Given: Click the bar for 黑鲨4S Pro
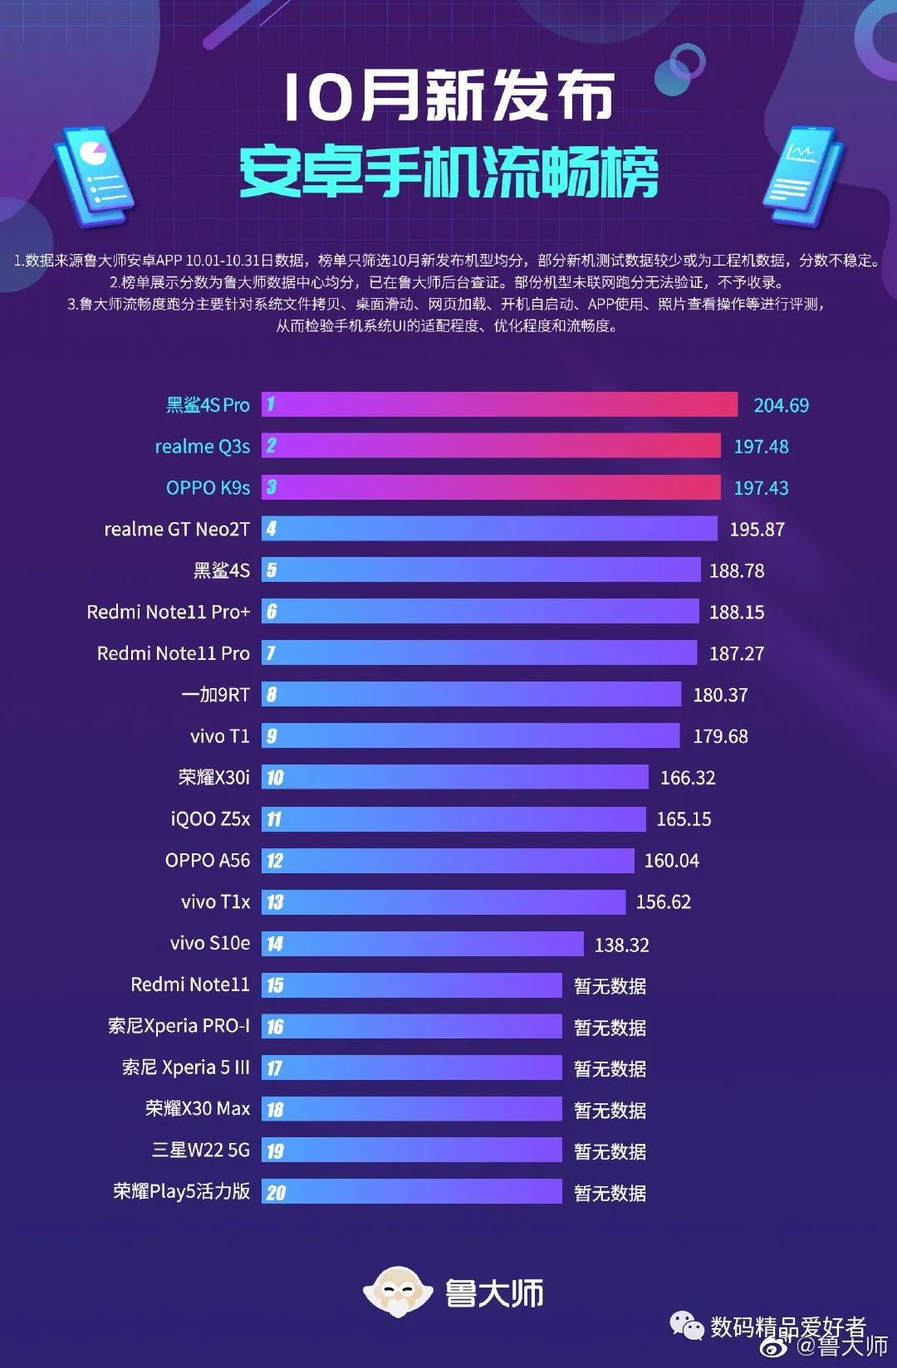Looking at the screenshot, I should click(499, 404).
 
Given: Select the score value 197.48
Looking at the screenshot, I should click(761, 447).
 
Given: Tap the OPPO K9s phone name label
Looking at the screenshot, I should click(208, 487).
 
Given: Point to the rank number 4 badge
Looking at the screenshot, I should click(271, 529).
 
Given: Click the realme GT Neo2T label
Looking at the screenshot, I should click(176, 529).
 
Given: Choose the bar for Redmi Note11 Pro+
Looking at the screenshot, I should click(480, 612).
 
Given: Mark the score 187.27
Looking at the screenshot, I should click(736, 653).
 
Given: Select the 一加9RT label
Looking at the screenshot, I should click(215, 695).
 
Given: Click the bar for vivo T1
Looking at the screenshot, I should click(470, 736).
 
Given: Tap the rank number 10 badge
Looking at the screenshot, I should click(274, 778).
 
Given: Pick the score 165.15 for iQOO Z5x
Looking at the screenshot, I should click(684, 819).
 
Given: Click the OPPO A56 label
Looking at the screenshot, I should click(207, 860).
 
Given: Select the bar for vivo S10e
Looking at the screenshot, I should click(423, 944).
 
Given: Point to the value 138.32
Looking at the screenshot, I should click(621, 945).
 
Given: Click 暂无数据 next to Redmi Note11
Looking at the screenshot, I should click(610, 986).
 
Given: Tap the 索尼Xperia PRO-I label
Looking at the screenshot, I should click(179, 1026).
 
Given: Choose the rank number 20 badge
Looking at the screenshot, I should click(275, 1193).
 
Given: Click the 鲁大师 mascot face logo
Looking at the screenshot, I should click(398, 1292).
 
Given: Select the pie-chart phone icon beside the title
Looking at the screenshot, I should click(94, 175).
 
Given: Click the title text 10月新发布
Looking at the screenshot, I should click(448, 96).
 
